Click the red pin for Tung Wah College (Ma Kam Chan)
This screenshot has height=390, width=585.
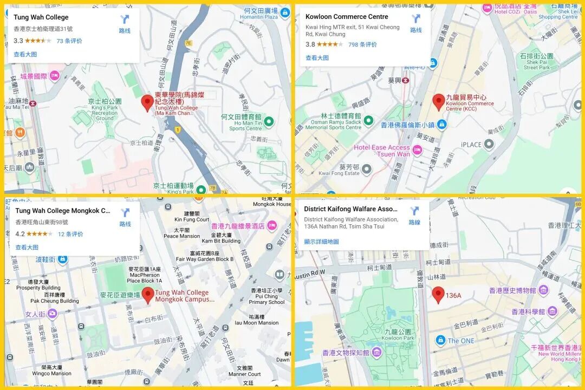[147, 102]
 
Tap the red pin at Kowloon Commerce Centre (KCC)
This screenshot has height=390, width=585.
[438, 101]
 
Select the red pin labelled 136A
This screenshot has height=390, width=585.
[438, 295]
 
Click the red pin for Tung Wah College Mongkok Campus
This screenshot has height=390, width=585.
[148, 295]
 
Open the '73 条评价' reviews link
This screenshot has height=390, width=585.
[69, 41]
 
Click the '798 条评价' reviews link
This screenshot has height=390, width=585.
[362, 44]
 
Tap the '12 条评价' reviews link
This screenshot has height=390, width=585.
[70, 234]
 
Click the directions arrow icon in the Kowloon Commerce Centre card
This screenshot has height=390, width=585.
[416, 19]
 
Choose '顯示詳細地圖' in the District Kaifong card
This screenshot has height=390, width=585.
[321, 242]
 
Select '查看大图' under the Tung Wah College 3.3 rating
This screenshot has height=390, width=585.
[25, 54]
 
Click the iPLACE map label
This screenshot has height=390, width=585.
[471, 145]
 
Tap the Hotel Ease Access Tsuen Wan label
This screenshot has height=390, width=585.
[382, 151]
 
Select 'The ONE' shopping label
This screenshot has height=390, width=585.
[460, 341]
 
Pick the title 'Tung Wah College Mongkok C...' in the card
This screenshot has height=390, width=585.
[63, 211]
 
